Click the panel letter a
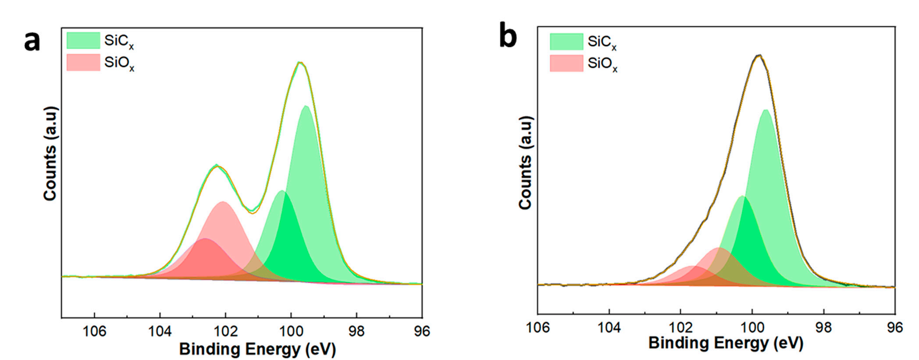[x=32, y=42]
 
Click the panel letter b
[x=508, y=37]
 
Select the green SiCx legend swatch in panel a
[x=83, y=40]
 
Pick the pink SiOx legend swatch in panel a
[x=83, y=62]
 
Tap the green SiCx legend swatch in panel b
[x=566, y=42]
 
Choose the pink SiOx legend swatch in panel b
[x=566, y=63]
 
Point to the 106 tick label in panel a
[x=94, y=331]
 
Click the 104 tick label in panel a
[x=160, y=331]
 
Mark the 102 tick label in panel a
[x=225, y=331]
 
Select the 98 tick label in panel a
[x=356, y=331]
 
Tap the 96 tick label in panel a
[x=421, y=331]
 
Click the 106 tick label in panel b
[x=538, y=327]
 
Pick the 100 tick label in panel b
[x=752, y=327]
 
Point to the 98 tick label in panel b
[x=824, y=327]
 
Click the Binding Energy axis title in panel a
[x=257, y=349]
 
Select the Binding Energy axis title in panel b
[x=726, y=343]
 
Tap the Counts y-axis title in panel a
[x=50, y=153]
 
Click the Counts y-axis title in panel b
[x=525, y=163]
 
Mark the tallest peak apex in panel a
[x=300, y=63]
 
